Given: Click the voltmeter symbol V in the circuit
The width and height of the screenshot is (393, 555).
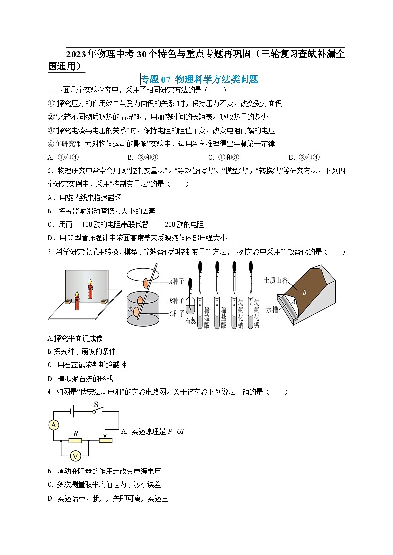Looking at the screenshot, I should (75, 456).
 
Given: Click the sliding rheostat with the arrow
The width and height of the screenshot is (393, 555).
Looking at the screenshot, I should (105, 440).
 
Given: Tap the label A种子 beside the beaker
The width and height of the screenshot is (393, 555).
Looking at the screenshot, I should (176, 282).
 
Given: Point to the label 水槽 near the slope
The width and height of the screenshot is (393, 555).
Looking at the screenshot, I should (273, 310).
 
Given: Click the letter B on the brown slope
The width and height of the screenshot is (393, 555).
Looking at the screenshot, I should (305, 292).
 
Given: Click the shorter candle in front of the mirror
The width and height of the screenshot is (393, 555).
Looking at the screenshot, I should (77, 301).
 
